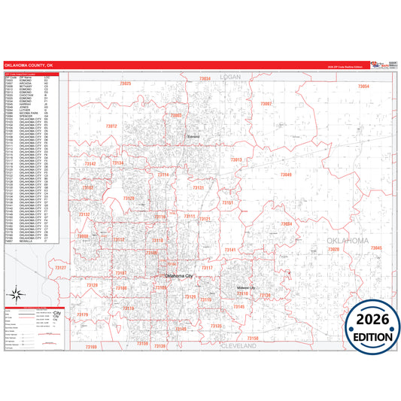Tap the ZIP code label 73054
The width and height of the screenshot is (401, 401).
(x=363, y=87)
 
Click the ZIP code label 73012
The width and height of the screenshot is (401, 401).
(x=111, y=126)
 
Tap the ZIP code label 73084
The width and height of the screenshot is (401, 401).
(x=287, y=223)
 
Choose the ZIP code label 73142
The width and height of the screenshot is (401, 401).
(x=90, y=163)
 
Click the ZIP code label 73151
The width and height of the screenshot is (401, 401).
(x=227, y=203)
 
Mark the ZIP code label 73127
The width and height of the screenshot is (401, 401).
(x=61, y=269)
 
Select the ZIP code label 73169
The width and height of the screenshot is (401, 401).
(x=91, y=347)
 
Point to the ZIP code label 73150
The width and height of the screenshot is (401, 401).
(x=253, y=339)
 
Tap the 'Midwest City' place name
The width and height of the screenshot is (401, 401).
(x=246, y=288)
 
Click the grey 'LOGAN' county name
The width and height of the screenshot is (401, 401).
(x=229, y=77)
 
